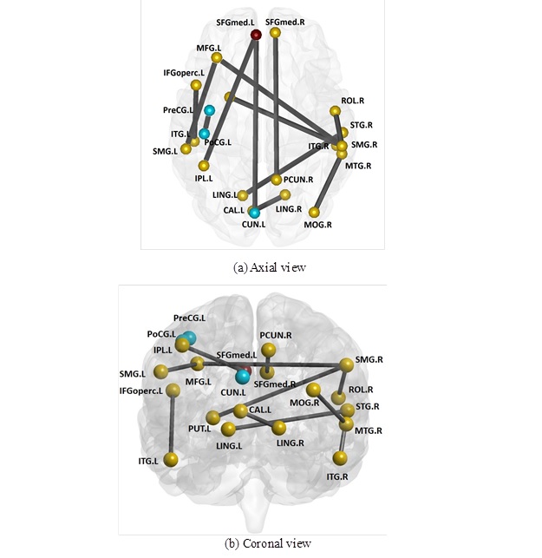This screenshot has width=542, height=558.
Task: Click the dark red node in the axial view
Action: click(256, 34)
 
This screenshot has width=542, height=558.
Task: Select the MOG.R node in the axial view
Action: click(316, 212)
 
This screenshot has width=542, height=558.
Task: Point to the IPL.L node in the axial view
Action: click(204, 166)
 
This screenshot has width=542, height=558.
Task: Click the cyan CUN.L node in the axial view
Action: click(254, 212)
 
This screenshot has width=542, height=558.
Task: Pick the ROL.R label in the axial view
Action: click(353, 101)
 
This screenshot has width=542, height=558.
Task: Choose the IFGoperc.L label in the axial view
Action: click(183, 73)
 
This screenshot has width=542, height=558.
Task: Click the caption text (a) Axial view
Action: click(270, 267)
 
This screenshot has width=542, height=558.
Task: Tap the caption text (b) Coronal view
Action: click(268, 544)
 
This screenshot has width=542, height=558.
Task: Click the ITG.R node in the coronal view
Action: click(339, 457)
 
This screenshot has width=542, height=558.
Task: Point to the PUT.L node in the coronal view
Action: click(211, 419)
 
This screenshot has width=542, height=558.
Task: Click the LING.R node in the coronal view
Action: click(278, 428)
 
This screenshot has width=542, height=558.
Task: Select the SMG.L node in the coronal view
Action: click(160, 371)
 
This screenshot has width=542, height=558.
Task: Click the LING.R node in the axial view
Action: click(284, 194)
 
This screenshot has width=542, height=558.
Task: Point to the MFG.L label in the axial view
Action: click(210, 49)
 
